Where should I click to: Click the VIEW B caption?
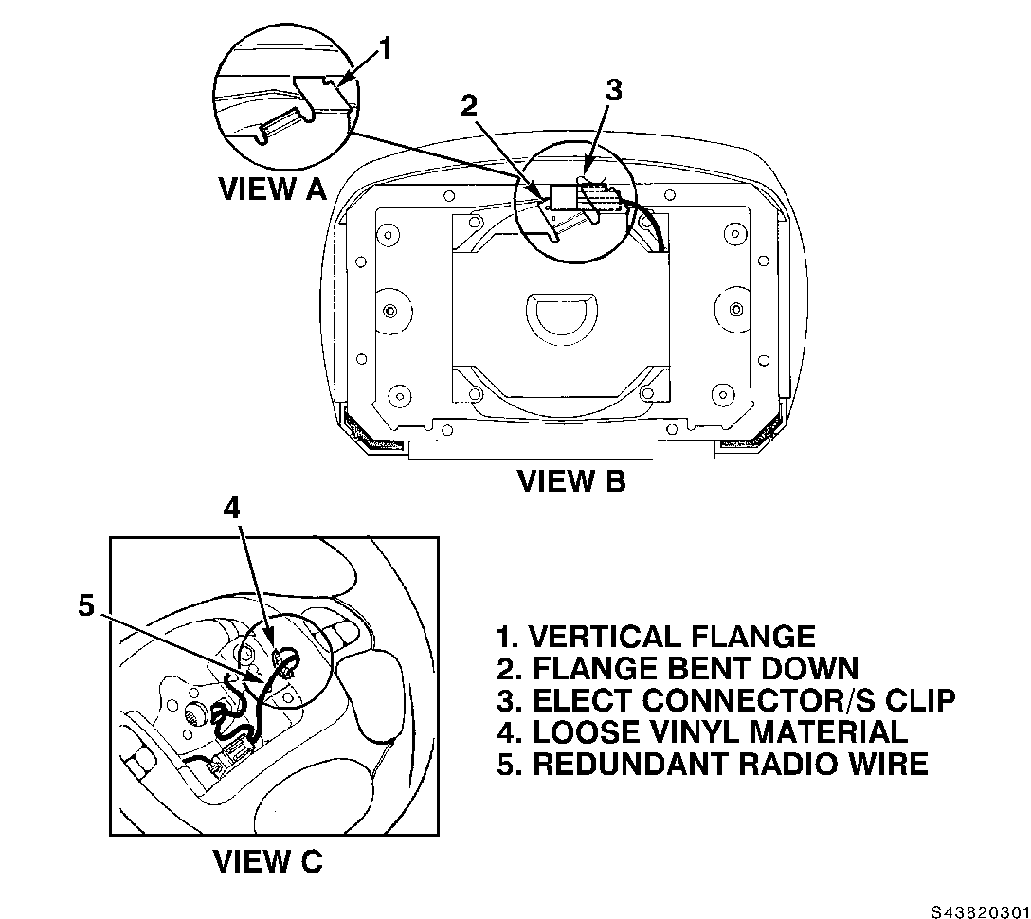571,480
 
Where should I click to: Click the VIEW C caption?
267,860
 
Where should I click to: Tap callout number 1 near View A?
386,48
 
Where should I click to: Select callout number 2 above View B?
469,105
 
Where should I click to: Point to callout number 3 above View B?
613,90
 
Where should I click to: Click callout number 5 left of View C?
87,604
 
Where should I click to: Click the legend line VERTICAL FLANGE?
656,637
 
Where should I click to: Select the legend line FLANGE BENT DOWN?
678,669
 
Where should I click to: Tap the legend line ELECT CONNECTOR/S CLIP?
726,700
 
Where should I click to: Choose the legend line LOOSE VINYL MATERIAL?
702,731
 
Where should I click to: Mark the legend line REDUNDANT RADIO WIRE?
713,764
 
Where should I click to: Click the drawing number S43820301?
979,910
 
